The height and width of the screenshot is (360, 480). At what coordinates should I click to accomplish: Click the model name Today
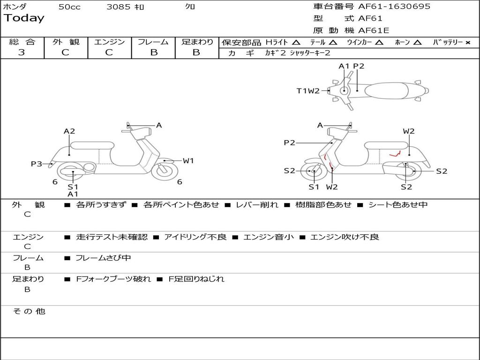pos(24,18)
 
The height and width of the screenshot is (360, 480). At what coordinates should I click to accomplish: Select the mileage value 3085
pos(118,7)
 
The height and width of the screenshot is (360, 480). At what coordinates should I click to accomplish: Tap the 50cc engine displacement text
pos(69,7)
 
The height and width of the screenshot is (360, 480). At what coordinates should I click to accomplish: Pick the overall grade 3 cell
pos(22,52)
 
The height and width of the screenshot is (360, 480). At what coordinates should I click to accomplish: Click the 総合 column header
pos(22,42)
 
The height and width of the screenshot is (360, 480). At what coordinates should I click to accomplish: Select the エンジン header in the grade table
pos(109,42)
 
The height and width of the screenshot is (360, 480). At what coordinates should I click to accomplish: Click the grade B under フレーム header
pos(153,52)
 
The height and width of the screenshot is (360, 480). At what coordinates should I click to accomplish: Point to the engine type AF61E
pos(374,30)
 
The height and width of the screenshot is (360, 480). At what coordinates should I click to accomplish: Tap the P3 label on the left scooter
pos(37,164)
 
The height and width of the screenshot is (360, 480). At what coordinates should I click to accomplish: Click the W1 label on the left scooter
pos(188,161)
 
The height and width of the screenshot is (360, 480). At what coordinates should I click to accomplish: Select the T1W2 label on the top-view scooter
pos(307,91)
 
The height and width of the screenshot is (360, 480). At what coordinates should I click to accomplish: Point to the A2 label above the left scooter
pos(69,132)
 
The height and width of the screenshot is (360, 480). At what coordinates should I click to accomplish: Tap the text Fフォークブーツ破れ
pos(113,279)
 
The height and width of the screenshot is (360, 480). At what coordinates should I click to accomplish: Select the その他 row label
pos(29,311)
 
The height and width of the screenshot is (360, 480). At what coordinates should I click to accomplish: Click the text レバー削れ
pos(257,205)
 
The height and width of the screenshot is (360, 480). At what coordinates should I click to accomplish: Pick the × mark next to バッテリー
pos(467,43)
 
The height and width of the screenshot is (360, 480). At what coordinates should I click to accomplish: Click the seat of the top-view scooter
pos(388,90)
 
